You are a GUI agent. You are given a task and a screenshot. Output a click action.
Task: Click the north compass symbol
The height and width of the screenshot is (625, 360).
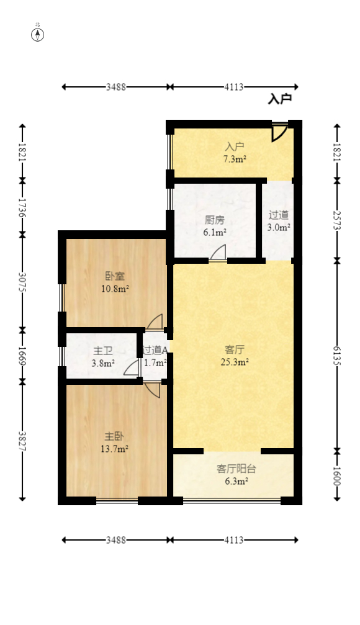click(x=38, y=34)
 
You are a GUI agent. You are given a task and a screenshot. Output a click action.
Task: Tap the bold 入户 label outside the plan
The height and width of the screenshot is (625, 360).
click(x=279, y=99)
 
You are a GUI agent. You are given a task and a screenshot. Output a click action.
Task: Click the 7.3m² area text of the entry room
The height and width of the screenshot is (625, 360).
click(x=235, y=160)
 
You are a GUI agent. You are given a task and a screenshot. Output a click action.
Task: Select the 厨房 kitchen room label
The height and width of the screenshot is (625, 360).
click(x=215, y=220)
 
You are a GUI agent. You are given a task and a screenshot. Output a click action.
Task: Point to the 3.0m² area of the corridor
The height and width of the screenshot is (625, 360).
click(x=279, y=227)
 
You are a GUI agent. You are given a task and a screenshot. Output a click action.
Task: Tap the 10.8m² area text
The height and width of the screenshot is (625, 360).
click(x=115, y=288)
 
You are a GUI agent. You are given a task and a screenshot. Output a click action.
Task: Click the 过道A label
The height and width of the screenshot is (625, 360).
click(x=155, y=351)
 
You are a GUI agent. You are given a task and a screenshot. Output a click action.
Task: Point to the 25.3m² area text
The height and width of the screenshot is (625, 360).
click(x=235, y=362)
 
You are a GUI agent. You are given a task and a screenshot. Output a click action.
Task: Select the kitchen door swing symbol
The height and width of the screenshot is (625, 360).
click(x=218, y=253)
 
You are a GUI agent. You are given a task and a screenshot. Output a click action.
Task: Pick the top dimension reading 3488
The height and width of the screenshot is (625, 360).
click(x=115, y=88)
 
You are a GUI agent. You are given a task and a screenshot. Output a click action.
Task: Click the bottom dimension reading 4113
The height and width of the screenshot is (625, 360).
click(x=233, y=541)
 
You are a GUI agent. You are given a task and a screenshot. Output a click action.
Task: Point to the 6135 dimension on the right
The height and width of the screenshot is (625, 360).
click(x=337, y=355)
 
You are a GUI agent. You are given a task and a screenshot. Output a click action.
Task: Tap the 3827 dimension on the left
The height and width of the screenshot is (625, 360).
click(x=22, y=441)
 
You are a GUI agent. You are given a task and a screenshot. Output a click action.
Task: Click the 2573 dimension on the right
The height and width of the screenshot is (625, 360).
click(x=337, y=220)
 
